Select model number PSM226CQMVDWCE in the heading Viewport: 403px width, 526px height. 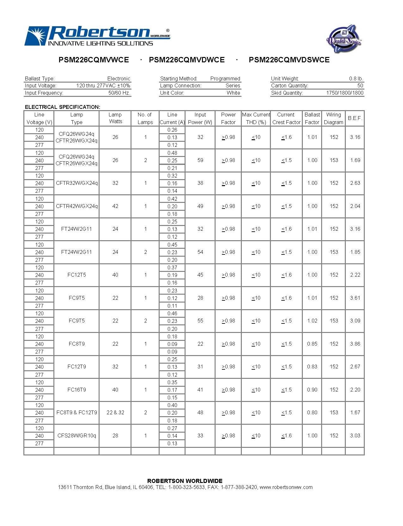point(187,60)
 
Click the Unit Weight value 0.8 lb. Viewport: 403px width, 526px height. point(356,78)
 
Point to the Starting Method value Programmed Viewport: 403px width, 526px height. point(225,78)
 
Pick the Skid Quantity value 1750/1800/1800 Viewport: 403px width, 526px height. point(345,93)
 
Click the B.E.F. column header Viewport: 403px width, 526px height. point(355,118)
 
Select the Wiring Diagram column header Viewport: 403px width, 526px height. point(333,118)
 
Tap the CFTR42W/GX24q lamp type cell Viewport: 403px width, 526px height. point(76,206)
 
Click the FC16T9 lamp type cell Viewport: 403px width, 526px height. point(76,390)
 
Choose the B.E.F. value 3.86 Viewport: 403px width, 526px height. point(355,344)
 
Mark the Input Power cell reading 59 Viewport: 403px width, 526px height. point(200,160)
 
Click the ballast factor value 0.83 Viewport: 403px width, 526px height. point(312,366)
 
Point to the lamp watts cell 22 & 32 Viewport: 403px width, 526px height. point(115,412)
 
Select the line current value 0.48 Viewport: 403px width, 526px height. point(172,153)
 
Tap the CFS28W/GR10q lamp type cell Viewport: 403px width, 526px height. point(76,435)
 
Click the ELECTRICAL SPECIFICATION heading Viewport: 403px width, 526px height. point(63,107)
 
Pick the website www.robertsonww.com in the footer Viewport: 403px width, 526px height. point(286,487)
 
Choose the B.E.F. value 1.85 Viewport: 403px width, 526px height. point(355,252)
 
